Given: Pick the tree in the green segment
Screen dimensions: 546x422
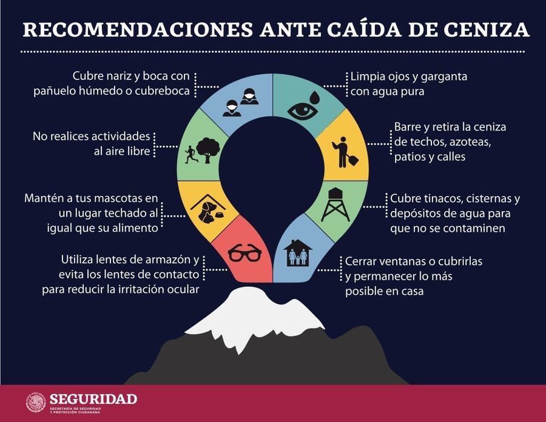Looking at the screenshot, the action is click(209, 149).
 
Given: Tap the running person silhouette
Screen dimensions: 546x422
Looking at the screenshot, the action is click(190, 154).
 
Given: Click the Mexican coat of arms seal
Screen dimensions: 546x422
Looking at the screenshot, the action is click(36, 403).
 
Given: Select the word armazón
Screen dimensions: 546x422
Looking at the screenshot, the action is click(167, 260).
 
